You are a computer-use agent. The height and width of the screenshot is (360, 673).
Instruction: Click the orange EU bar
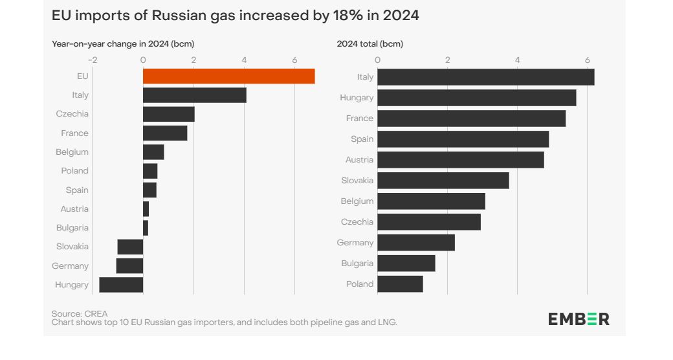(228, 76)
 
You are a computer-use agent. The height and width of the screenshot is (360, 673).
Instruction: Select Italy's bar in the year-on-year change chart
(194, 95)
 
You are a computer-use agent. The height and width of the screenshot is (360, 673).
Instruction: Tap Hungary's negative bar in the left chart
(121, 285)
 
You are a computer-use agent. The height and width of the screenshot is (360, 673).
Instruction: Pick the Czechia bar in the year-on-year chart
(168, 114)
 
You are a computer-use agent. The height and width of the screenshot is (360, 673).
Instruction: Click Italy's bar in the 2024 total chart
(485, 77)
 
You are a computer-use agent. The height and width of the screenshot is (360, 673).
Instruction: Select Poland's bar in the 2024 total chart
(400, 284)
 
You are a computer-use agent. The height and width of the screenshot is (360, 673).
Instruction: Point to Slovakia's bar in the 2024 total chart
(443, 181)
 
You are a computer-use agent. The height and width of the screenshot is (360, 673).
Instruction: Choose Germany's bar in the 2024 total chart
(415, 243)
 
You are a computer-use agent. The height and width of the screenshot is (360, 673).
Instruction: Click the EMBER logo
(579, 319)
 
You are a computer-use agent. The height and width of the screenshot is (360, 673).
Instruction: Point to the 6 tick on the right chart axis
(587, 60)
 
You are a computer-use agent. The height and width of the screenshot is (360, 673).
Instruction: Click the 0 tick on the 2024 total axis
(378, 60)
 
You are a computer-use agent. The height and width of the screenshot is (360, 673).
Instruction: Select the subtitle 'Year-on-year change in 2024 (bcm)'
(123, 44)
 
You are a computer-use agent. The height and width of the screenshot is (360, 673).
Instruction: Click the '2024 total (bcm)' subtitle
(370, 44)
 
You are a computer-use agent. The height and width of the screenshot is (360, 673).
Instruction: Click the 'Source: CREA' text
(80, 313)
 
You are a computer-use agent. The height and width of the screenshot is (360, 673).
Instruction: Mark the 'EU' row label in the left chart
(82, 76)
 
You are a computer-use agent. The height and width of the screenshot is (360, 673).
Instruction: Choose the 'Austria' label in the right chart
(359, 160)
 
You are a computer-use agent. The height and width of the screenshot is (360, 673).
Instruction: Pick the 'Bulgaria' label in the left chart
(72, 228)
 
